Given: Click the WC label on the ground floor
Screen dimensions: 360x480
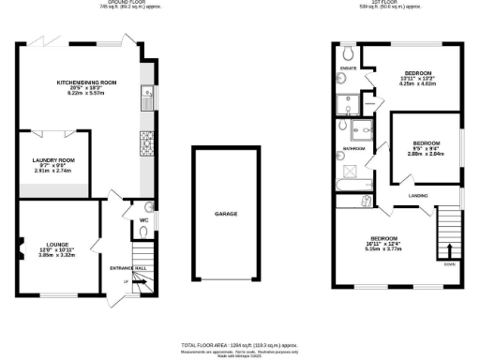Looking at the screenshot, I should (143, 220).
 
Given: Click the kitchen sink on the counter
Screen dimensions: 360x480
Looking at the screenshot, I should (147, 92).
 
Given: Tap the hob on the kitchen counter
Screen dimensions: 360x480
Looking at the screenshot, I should (147, 142).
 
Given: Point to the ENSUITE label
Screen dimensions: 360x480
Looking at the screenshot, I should (348, 67).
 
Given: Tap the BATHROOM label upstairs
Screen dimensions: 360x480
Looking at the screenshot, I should (353, 148).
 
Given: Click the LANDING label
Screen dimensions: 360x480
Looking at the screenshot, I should (419, 195).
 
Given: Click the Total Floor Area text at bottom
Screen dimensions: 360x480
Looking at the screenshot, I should (239, 346).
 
